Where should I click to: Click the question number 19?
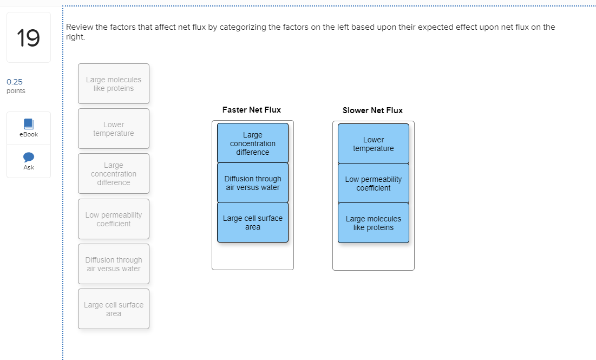point(28,38)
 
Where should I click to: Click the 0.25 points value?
point(15,82)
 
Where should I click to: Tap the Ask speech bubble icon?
point(29,157)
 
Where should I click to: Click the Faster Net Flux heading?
point(252,110)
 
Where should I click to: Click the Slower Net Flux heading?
point(372,110)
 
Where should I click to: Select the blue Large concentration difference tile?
point(253,143)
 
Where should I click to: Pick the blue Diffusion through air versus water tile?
point(253,183)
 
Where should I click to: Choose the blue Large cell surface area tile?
point(253,222)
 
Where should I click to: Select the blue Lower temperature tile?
point(374,144)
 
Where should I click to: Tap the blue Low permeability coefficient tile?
point(374,184)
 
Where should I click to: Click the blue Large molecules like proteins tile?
point(374,223)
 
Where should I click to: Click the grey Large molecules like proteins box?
point(114,84)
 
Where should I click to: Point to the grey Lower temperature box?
point(114,129)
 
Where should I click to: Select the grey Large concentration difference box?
point(114,174)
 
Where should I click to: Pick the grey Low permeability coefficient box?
point(114,219)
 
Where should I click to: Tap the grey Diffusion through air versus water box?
point(114,264)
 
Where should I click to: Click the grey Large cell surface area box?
point(114,309)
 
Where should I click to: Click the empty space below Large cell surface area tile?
point(253,256)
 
